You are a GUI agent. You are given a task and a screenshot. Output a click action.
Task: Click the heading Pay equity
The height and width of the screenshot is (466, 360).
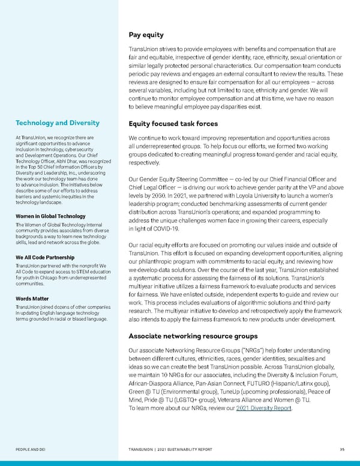(146, 34)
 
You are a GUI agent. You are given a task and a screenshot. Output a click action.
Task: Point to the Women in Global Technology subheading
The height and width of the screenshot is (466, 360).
(49, 216)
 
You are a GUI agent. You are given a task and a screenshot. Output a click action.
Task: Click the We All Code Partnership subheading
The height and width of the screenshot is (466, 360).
(46, 258)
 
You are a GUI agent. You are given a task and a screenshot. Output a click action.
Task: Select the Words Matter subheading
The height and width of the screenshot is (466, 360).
(32, 298)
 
